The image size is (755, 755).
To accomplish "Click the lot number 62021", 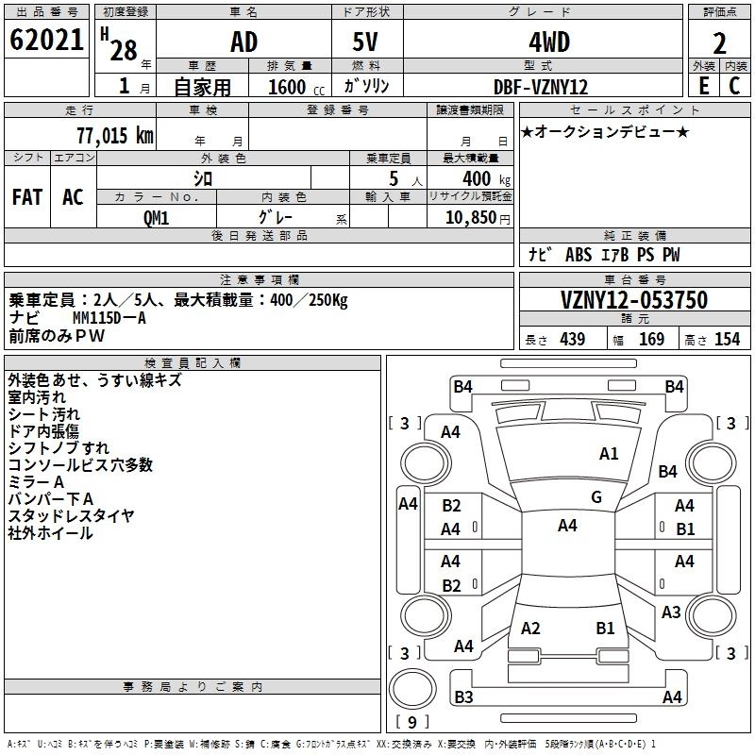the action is (x=46, y=40).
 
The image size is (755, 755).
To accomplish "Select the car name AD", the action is (x=244, y=42).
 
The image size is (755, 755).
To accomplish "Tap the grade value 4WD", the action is (x=549, y=42).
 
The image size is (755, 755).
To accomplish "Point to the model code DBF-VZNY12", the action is (x=541, y=87).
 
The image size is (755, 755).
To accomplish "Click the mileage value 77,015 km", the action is (x=115, y=135).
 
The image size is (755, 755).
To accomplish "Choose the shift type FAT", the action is (x=27, y=197).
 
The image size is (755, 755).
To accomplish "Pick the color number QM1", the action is (x=156, y=218).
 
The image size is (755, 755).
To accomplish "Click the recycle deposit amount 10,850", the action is (x=470, y=218).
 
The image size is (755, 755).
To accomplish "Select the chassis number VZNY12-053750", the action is (x=634, y=300).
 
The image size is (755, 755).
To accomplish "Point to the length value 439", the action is (x=573, y=339).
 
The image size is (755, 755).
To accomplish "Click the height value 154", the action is (x=727, y=339).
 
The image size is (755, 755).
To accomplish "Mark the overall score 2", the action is (x=719, y=43).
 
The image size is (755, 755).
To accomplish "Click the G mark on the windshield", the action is (x=596, y=497).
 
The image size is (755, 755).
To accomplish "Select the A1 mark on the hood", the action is (x=609, y=454).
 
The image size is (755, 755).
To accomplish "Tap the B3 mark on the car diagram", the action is (x=463, y=696).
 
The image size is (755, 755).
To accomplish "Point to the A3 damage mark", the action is (x=671, y=612).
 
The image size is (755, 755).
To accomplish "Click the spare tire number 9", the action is (x=412, y=722).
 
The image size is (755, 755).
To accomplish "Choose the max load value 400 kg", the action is (x=486, y=179).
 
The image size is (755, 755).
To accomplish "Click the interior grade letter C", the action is (x=734, y=86).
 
